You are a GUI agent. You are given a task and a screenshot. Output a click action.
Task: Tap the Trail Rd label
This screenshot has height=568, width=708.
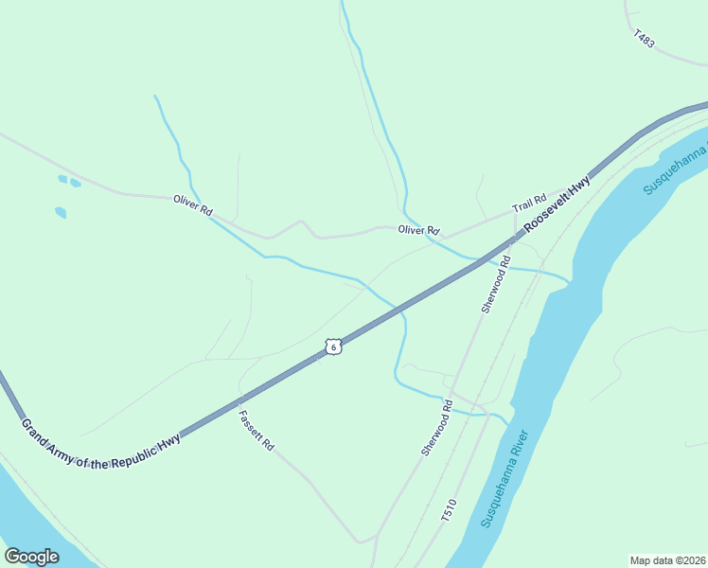[x=529, y=204]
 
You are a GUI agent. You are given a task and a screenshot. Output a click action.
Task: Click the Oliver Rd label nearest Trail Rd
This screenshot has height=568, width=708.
[x=418, y=230]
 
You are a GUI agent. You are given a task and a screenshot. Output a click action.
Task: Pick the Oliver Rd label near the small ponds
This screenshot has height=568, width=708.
[x=192, y=204]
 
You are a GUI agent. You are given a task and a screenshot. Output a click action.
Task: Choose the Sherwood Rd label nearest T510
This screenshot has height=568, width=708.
[x=437, y=428]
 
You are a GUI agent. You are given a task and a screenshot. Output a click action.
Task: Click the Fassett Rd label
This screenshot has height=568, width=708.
[x=256, y=430]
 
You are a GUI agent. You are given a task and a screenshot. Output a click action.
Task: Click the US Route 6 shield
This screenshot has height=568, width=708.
[x=332, y=346]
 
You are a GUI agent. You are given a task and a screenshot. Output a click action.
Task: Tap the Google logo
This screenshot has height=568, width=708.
[x=31, y=557]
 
